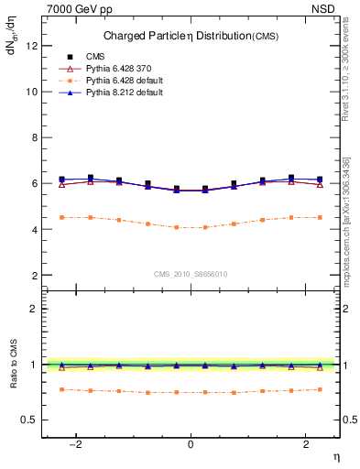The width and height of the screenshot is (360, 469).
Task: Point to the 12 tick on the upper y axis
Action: (x=31, y=46)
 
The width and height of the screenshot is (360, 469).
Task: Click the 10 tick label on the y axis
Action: (x=31, y=92)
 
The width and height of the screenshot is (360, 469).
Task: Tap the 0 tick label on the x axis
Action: (x=191, y=443)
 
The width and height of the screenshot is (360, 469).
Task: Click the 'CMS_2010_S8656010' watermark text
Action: (x=191, y=274)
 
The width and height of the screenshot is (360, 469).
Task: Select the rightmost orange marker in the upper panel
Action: (x=319, y=217)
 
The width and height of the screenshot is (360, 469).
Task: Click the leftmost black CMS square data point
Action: (x=61, y=180)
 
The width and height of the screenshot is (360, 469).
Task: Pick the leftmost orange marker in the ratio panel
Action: (x=61, y=389)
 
